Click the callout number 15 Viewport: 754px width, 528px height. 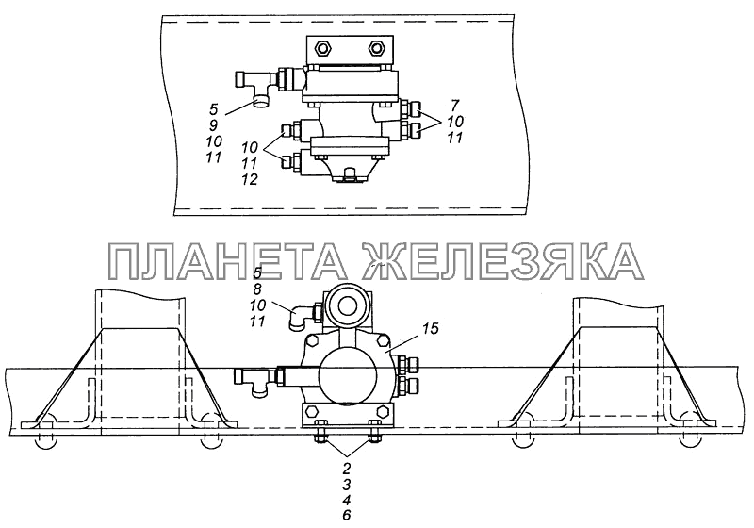tap(432, 330)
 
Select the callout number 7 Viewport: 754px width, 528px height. tap(455, 105)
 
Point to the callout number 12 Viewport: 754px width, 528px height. tap(251, 179)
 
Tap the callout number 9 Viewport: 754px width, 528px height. tap(214, 125)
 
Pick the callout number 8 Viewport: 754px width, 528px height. tap(256, 289)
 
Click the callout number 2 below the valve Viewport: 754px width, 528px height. tap(347, 467)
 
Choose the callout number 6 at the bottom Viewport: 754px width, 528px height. tap(347, 515)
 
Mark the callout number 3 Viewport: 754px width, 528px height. tap(347, 483)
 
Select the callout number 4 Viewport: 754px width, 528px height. tap(347, 499)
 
